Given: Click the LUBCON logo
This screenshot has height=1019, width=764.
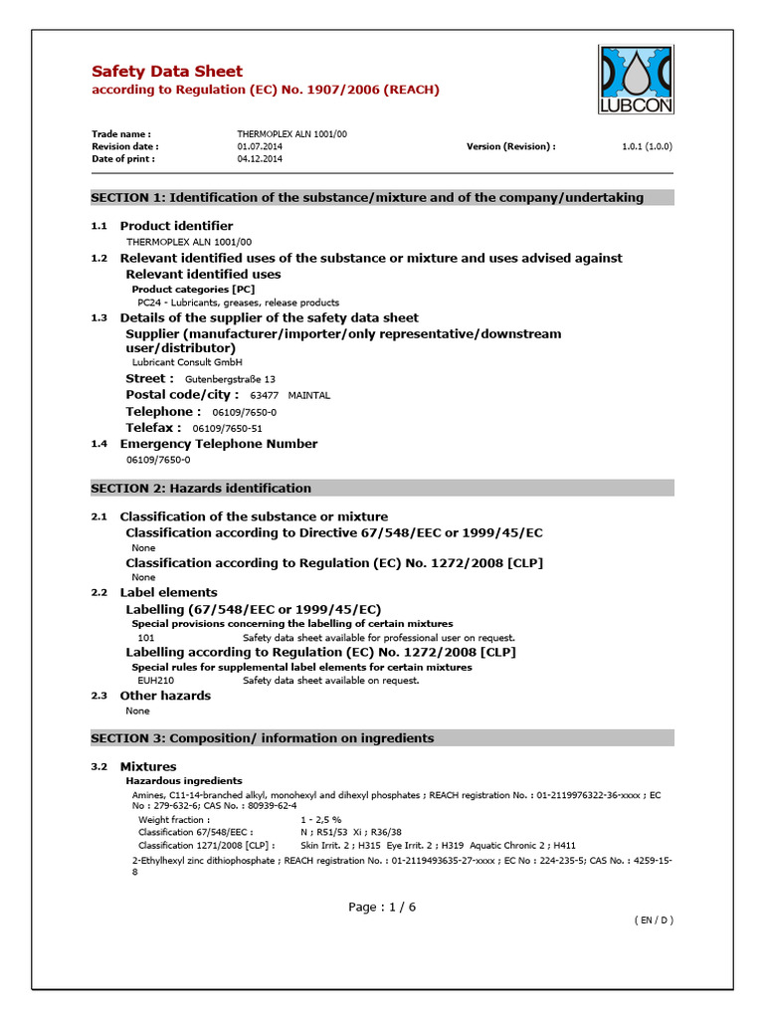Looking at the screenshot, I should pyautogui.click(x=638, y=81).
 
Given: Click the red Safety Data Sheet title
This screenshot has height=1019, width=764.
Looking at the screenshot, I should pyautogui.click(x=166, y=71).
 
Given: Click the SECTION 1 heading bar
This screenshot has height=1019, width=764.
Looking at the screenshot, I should pyautogui.click(x=382, y=197).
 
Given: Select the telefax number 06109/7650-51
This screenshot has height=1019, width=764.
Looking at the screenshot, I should pyautogui.click(x=227, y=428).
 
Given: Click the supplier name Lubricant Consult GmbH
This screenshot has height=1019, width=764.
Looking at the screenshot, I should pyautogui.click(x=187, y=362).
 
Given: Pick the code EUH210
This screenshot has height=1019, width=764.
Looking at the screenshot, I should pyautogui.click(x=155, y=681).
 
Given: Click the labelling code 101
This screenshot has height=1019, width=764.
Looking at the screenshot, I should pyautogui.click(x=146, y=637).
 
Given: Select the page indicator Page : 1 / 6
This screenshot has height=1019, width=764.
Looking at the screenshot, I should pyautogui.click(x=382, y=907).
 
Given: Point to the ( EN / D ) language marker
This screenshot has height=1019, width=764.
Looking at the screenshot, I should pyautogui.click(x=654, y=920).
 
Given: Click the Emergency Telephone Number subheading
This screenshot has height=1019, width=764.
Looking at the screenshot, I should pyautogui.click(x=219, y=444).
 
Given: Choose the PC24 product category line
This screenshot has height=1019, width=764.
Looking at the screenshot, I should pyautogui.click(x=238, y=303).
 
